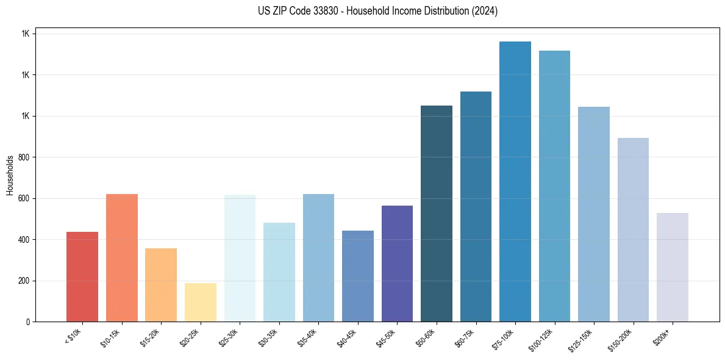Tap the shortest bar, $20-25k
[x=200, y=302]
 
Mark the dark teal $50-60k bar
[x=437, y=214]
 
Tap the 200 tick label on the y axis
[x=24, y=281]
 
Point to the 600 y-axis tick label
[x=24, y=199]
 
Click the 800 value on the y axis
[x=24, y=157]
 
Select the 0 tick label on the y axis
[x=27, y=322]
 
